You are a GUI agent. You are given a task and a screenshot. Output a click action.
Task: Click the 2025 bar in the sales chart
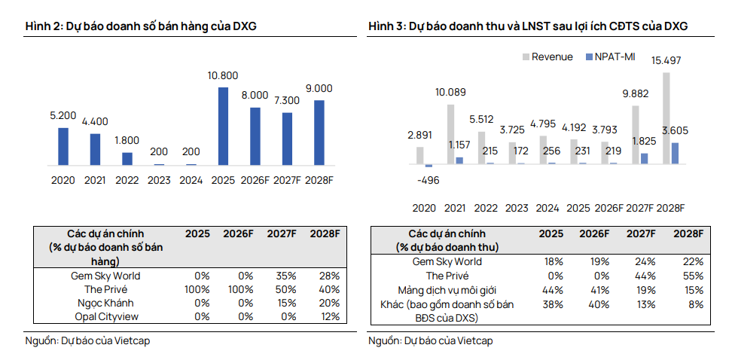(223, 126)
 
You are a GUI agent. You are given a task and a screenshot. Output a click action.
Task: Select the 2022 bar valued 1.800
(127, 159)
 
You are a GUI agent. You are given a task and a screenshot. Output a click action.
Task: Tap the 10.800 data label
(223, 75)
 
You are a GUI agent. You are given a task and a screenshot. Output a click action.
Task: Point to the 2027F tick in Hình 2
(287, 181)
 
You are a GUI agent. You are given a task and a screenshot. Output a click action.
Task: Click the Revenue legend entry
(548, 57)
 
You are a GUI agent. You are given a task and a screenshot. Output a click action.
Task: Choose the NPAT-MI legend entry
(609, 57)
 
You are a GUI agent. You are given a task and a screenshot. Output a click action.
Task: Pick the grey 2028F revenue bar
(666, 118)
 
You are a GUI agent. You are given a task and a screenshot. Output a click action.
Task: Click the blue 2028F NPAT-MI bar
(675, 153)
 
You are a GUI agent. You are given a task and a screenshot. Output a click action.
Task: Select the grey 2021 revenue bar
(450, 134)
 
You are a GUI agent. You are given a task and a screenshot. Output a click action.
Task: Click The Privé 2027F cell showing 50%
(285, 289)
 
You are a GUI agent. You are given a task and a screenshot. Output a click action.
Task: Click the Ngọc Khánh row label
(105, 304)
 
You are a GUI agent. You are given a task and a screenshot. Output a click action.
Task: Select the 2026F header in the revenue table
(594, 234)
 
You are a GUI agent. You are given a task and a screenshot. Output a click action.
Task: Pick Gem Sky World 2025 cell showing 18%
(554, 262)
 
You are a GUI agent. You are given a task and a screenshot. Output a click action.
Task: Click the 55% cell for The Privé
(694, 276)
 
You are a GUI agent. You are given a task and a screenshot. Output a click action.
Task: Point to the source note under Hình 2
(87, 341)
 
